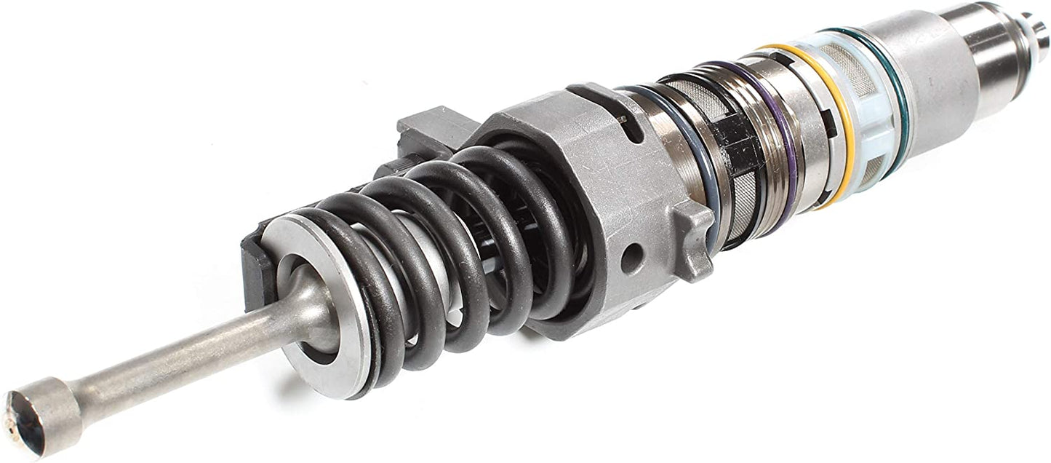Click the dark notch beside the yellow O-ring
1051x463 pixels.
tap(829, 135)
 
